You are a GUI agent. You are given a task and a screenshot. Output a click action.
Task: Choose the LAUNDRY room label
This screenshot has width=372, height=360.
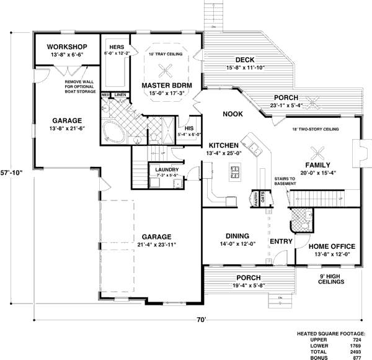167,170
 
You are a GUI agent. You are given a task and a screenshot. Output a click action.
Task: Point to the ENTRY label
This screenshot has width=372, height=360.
280,241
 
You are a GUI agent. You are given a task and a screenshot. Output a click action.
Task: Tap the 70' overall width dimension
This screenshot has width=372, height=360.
201,320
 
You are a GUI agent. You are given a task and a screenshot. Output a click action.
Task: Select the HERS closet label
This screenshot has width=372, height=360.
117,47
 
